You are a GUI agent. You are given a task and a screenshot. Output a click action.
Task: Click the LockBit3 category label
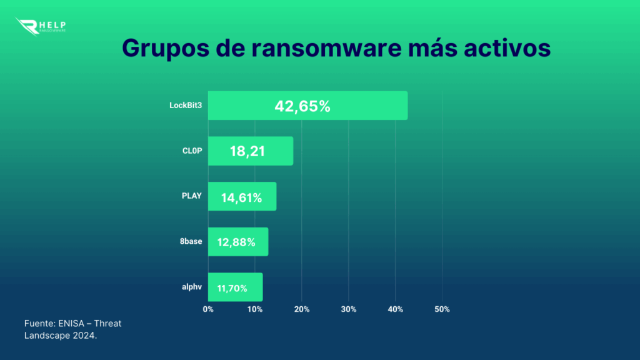[x=186, y=106]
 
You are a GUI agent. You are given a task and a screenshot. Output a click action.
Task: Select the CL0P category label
[x=192, y=151]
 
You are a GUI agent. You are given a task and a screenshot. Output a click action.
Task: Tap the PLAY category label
[x=191, y=196]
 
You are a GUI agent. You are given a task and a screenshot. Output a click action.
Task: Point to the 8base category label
[x=191, y=241]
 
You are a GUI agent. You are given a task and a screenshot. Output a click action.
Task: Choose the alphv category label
[x=191, y=287]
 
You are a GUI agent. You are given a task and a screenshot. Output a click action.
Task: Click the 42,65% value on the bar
[x=302, y=106]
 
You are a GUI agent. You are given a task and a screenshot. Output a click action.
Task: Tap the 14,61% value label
[x=241, y=197]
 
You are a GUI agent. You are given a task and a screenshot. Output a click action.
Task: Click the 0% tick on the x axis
[x=208, y=309]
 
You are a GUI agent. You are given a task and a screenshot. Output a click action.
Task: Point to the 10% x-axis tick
[x=254, y=309]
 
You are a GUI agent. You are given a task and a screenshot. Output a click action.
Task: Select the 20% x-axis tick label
[x=301, y=309]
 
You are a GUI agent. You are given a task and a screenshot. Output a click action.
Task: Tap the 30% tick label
[x=348, y=309]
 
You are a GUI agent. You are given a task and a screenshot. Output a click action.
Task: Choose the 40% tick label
[x=395, y=309]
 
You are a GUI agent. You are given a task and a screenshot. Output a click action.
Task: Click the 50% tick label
[x=442, y=309]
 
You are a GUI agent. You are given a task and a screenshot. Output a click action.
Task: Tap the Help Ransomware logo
[x=41, y=26]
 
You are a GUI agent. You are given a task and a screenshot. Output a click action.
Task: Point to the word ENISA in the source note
[x=73, y=323]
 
